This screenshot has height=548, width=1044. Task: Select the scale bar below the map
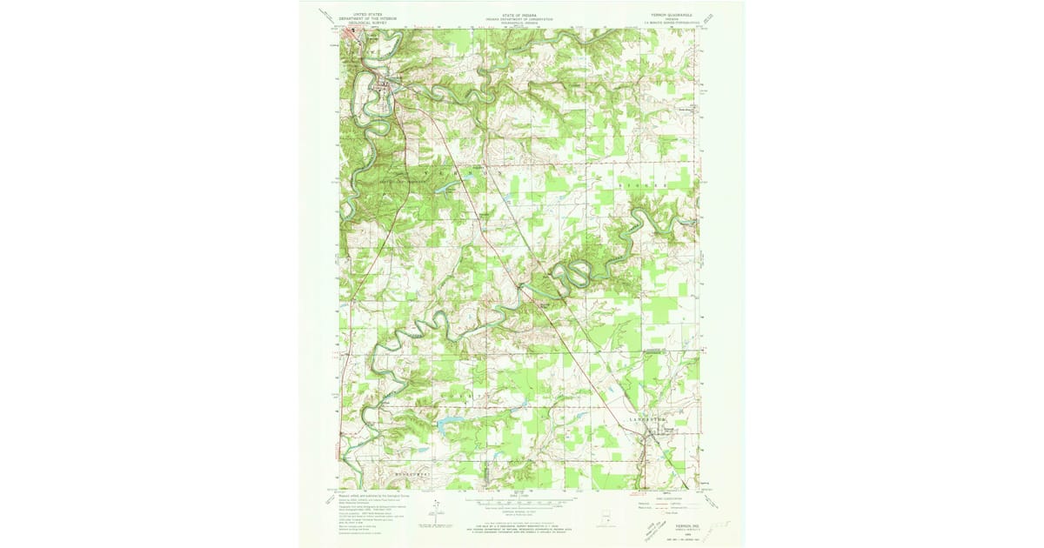point(521,502)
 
